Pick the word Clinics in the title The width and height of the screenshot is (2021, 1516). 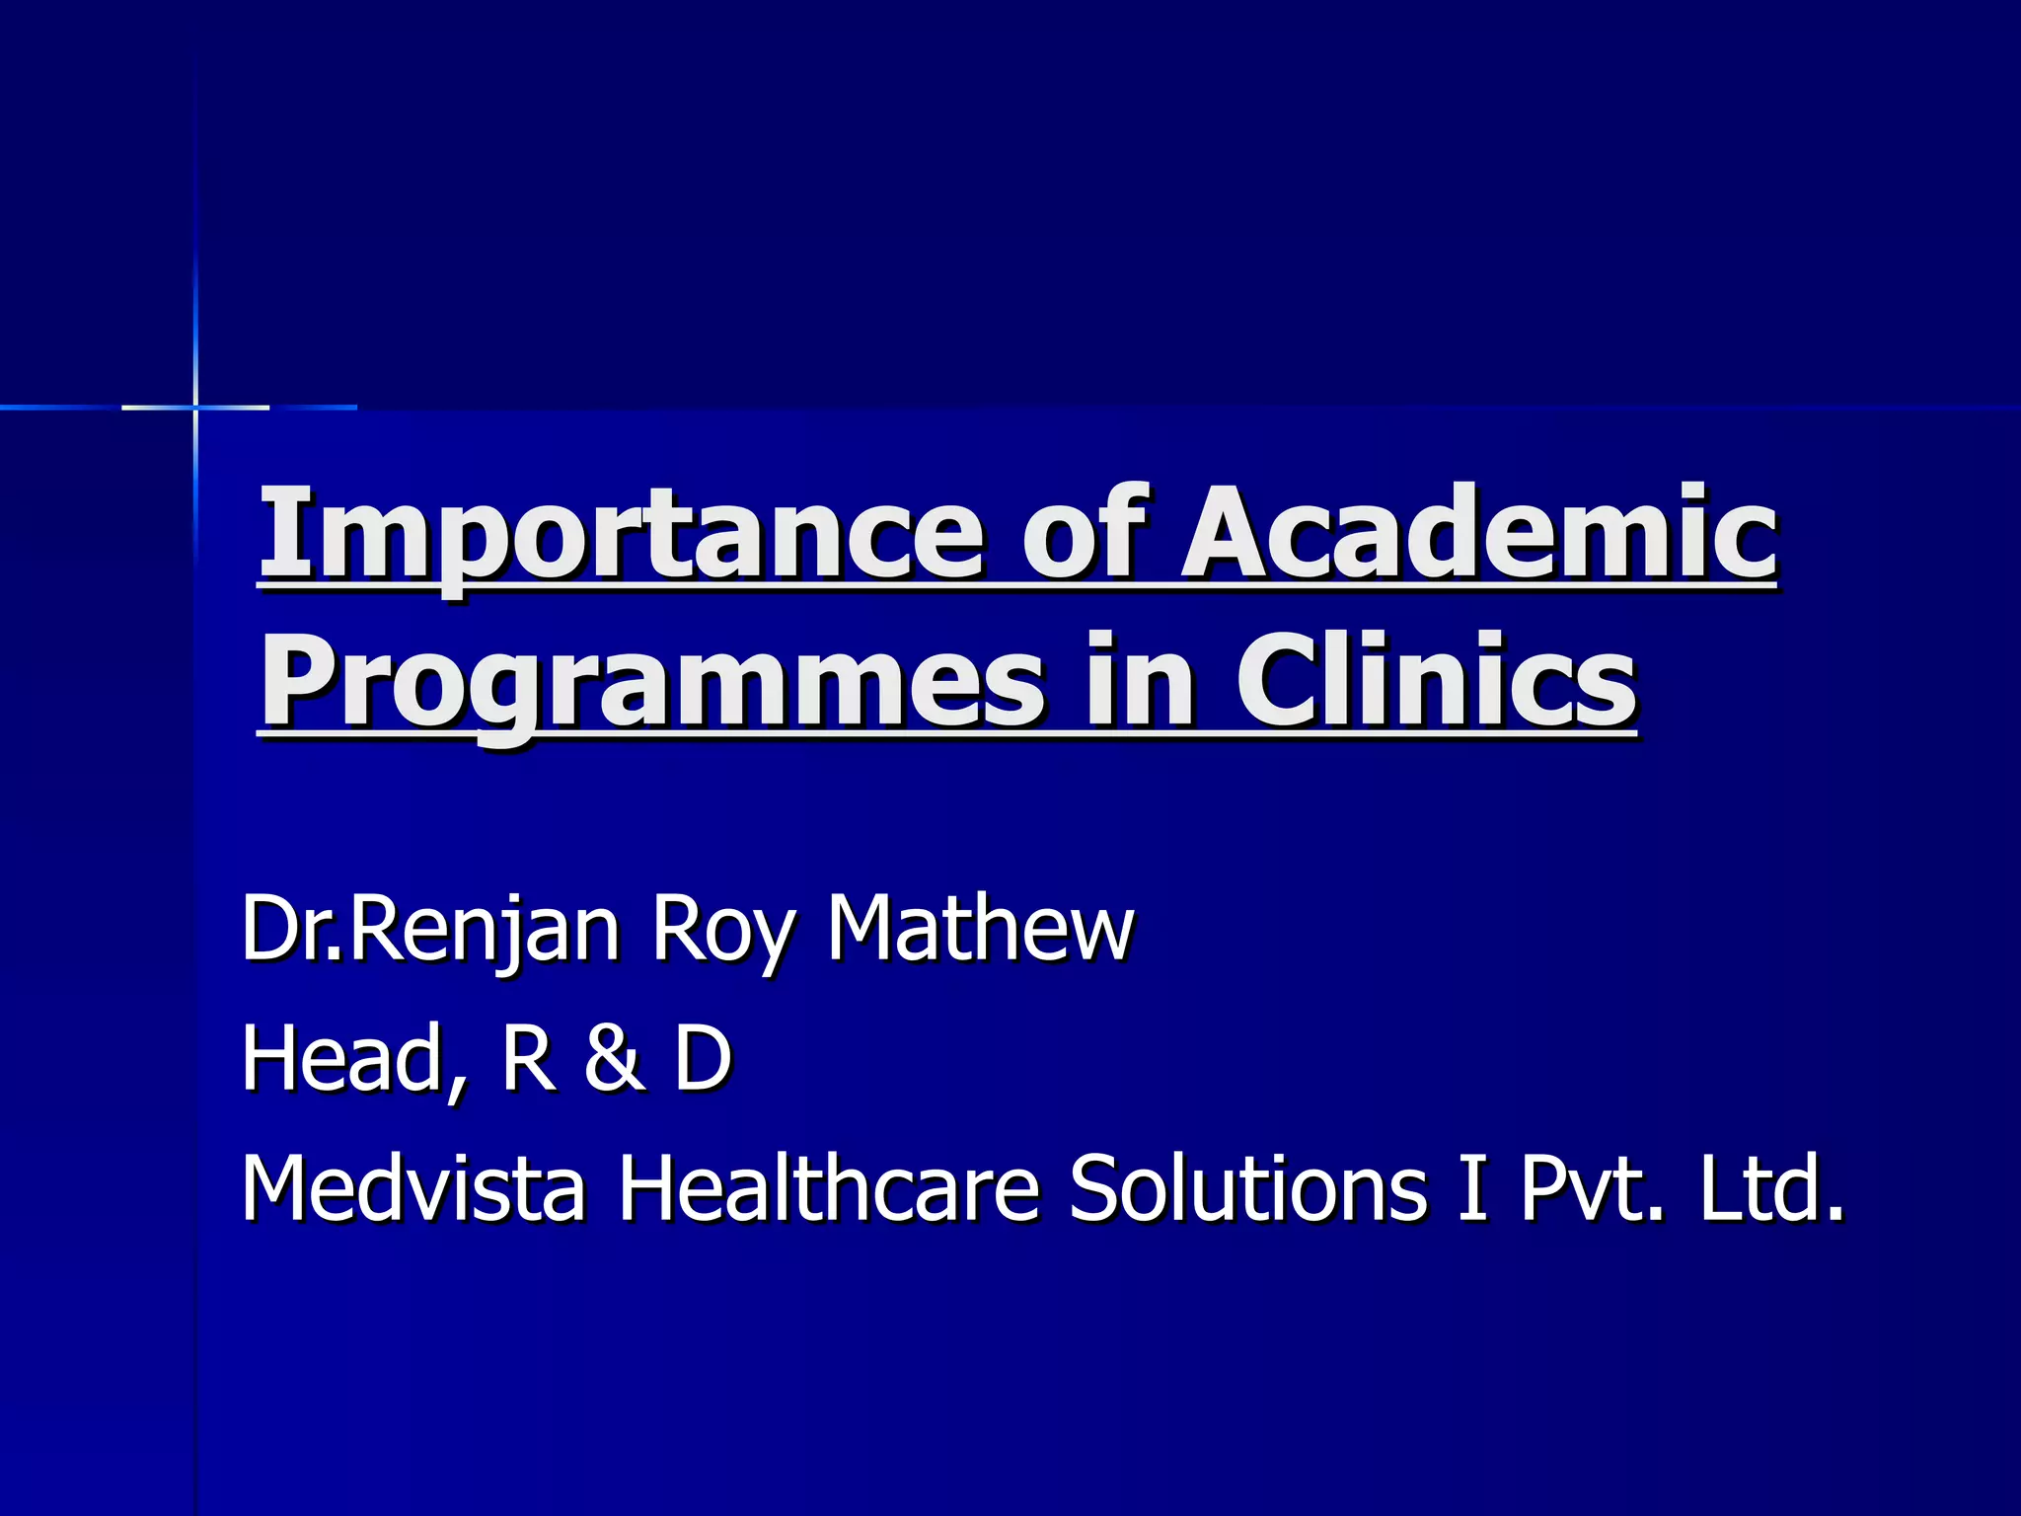tap(1436, 681)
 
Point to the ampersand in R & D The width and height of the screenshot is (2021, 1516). tap(614, 1058)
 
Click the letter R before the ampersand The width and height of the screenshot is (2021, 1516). tap(528, 1058)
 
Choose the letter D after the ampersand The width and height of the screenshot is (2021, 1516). tap(703, 1058)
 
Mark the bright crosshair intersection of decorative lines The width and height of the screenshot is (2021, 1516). tap(195, 407)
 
